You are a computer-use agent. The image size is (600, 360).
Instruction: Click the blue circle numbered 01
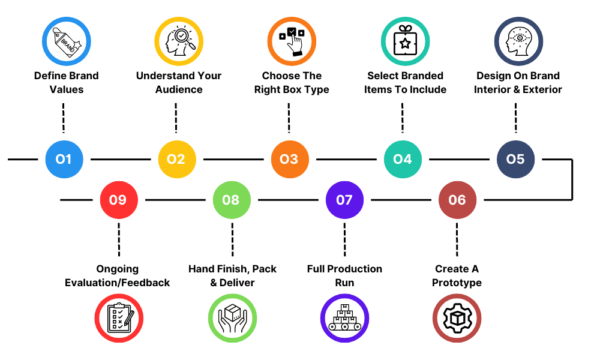click(x=64, y=159)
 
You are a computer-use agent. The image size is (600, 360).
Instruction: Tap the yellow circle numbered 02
click(x=176, y=159)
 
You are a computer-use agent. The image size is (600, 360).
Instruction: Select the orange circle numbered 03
click(x=289, y=159)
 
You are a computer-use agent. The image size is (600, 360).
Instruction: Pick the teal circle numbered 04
click(x=403, y=159)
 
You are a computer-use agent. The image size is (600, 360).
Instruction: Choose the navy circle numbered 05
click(x=515, y=159)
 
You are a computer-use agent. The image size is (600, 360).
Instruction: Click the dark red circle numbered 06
click(x=457, y=199)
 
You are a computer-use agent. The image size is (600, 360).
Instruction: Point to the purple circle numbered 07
click(x=344, y=199)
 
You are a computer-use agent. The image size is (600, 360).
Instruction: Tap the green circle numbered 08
click(x=231, y=199)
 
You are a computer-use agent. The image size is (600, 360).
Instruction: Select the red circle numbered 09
click(x=118, y=199)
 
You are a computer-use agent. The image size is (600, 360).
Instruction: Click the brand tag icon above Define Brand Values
click(x=66, y=41)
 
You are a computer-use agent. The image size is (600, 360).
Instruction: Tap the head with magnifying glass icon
click(x=179, y=41)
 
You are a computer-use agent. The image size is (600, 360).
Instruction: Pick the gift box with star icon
click(x=405, y=41)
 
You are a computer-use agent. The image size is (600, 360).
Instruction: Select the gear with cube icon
click(x=457, y=318)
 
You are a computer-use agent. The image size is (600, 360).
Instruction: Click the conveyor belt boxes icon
click(x=344, y=318)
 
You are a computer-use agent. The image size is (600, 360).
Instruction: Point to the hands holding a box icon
click(x=232, y=318)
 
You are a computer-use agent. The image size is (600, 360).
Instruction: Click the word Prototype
click(x=457, y=283)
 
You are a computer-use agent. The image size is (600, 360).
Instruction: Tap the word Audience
click(x=179, y=89)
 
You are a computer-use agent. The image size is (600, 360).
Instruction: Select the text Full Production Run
click(x=344, y=275)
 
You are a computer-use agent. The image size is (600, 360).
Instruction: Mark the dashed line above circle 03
click(x=289, y=118)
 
